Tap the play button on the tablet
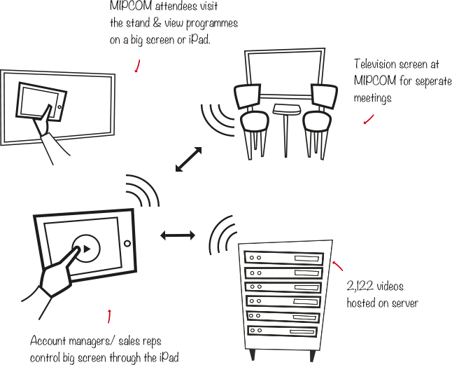point(86,248)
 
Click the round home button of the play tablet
point(127,244)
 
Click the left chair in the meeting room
point(250,116)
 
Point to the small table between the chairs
point(285,112)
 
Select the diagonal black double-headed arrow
point(188,160)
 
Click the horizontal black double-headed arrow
point(178,235)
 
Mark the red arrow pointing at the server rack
point(338,266)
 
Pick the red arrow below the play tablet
point(109,315)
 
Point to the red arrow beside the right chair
point(369,120)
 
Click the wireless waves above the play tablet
point(143,190)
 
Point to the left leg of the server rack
point(253,356)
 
